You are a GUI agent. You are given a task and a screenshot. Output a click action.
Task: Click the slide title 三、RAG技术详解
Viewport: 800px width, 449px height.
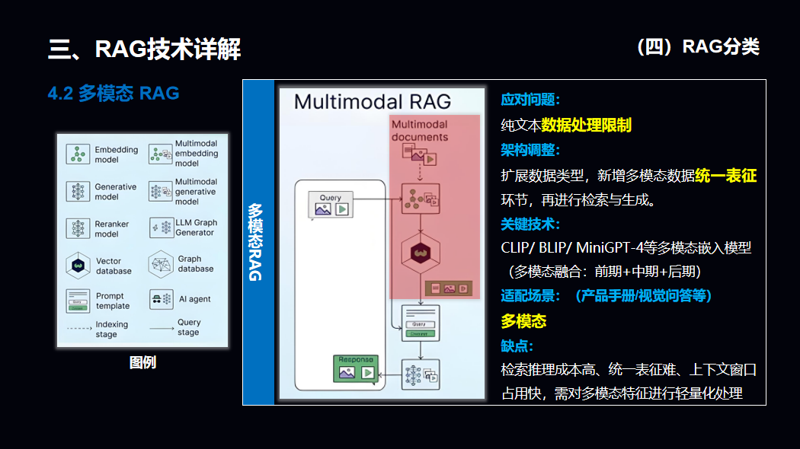click(145, 49)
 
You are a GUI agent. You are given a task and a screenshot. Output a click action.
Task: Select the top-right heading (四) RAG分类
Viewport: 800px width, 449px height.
click(698, 47)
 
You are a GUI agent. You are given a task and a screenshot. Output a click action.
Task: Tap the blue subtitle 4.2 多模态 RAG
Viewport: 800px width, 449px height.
click(114, 94)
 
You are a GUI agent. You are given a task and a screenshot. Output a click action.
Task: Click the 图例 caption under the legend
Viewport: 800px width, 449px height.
click(142, 363)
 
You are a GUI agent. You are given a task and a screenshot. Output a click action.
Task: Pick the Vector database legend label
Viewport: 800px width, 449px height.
click(114, 266)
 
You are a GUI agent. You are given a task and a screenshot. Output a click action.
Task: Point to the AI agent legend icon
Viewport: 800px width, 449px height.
click(161, 299)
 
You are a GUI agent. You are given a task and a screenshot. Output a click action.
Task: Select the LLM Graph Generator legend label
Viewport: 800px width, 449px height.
click(196, 228)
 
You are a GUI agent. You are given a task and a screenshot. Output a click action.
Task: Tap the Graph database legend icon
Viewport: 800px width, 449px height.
click(161, 264)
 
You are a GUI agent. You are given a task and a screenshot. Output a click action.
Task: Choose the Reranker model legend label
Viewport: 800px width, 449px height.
click(112, 229)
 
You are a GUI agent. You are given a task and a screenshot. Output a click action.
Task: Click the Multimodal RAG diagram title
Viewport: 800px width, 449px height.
click(372, 101)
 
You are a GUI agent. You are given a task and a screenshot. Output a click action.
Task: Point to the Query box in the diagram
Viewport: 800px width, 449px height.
click(331, 204)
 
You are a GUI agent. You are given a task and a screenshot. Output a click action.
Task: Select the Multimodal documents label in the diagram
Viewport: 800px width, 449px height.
click(420, 130)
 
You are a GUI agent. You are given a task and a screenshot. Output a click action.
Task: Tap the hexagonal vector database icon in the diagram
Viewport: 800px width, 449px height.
click(420, 250)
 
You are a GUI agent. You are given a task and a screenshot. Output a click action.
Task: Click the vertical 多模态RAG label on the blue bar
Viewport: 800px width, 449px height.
click(256, 242)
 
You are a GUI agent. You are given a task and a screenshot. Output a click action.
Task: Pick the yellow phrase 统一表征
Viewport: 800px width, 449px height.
click(725, 176)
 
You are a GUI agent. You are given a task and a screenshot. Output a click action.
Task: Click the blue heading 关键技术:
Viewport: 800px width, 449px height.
click(530, 224)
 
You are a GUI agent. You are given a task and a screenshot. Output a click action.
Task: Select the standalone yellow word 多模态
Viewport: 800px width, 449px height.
click(523, 321)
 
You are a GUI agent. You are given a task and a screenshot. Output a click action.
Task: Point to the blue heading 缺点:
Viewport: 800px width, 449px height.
click(517, 346)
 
